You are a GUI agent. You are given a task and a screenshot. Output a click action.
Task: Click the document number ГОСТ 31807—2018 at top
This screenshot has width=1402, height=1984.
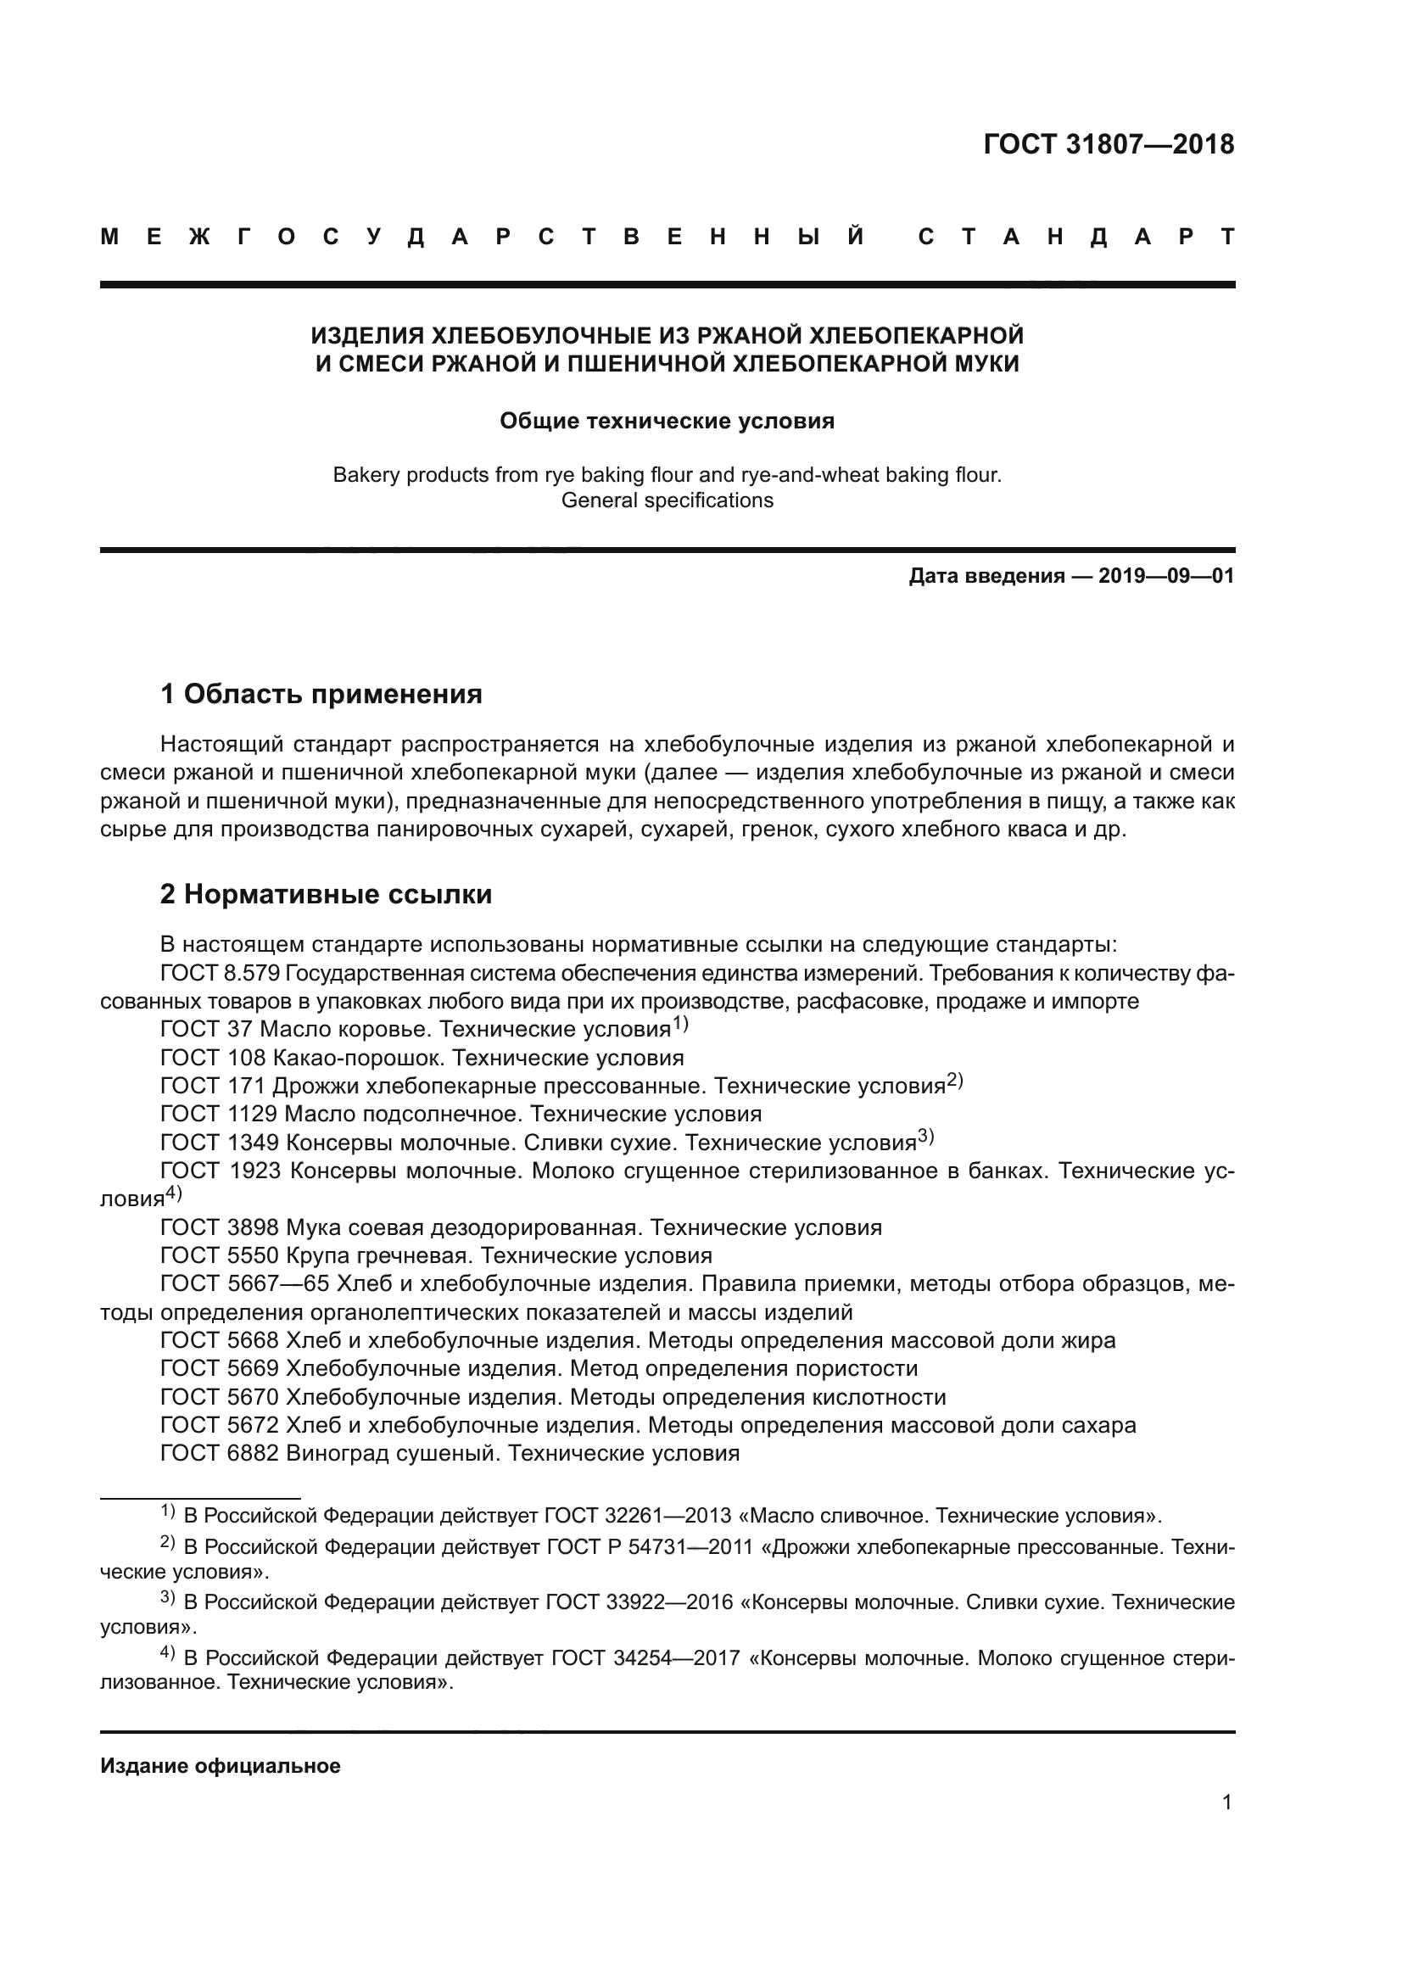(1109, 144)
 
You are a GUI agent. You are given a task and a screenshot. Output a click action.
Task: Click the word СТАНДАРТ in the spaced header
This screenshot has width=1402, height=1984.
(1075, 237)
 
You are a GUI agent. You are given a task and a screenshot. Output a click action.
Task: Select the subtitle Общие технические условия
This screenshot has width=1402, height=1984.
(667, 421)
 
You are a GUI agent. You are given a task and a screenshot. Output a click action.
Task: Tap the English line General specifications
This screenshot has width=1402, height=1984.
(667, 500)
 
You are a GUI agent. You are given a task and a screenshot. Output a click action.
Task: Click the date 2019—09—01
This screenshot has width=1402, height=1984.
(1165, 575)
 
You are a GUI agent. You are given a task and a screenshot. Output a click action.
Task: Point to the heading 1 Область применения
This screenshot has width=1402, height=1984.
(321, 693)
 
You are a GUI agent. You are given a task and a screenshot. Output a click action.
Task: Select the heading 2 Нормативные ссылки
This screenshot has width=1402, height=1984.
(326, 893)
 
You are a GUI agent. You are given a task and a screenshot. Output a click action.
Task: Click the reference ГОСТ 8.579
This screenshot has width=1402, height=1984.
(220, 973)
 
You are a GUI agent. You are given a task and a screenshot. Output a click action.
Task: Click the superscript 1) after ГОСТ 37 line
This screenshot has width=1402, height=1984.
(681, 1024)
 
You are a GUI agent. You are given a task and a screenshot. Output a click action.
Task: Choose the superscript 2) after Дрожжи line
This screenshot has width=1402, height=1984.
(953, 1080)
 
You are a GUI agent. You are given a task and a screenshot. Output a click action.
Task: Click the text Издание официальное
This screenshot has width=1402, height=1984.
(221, 1766)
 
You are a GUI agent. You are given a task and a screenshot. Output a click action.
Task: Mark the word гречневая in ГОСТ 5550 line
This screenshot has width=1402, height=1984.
(410, 1255)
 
